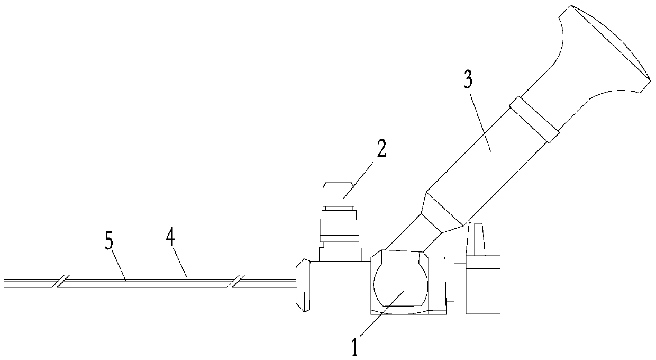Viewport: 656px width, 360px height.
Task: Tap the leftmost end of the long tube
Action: (5, 281)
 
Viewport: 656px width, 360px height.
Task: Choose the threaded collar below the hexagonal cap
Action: (339, 229)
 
